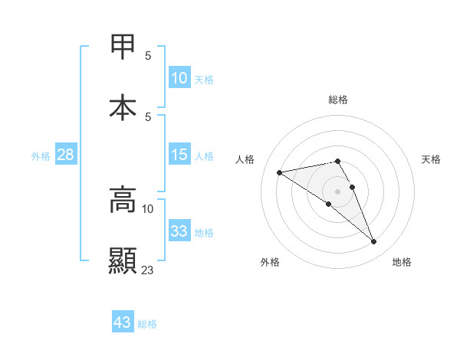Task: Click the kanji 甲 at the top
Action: [123, 47]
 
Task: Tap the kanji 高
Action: [123, 199]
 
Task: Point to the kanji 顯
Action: [123, 260]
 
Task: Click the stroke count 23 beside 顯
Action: [148, 270]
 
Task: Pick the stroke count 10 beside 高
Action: [148, 208]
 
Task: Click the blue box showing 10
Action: [179, 78]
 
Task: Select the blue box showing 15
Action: [179, 155]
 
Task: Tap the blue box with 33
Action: [179, 231]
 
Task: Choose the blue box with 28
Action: [66, 155]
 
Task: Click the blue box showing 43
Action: [123, 322]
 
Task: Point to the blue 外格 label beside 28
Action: [41, 155]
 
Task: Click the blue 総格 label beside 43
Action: [147, 324]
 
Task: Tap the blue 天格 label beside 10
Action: [204, 79]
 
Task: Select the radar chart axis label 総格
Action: [338, 100]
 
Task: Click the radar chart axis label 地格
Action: [402, 262]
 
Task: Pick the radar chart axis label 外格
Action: [270, 262]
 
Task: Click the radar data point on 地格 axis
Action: [373, 242]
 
